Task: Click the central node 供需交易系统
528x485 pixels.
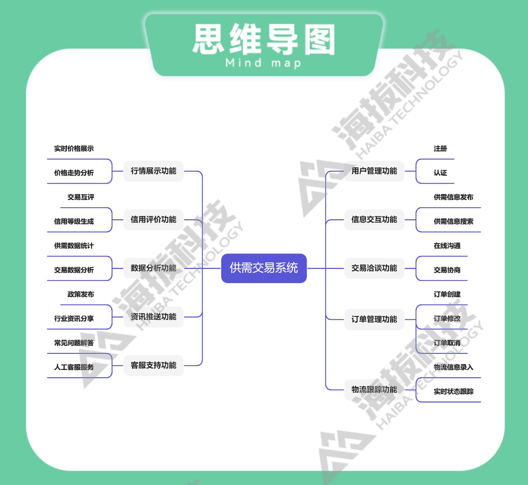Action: [264, 268]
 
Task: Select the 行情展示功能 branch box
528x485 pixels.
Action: [153, 171]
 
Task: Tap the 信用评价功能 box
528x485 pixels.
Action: [153, 220]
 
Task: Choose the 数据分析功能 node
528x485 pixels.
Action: [153, 268]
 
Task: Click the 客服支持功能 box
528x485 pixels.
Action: [153, 365]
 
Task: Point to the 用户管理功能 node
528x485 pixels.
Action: [374, 171]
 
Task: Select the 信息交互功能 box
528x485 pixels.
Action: [374, 220]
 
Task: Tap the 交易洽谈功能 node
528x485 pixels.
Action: [374, 268]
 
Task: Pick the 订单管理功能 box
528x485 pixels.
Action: [374, 319]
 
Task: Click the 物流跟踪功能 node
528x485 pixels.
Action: [374, 389]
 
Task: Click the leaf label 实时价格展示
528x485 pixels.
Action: [74, 148]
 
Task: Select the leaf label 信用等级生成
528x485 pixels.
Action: [74, 221]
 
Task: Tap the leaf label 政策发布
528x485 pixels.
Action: [81, 294]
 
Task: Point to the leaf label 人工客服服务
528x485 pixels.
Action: [74, 367]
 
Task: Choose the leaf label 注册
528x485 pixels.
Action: [440, 148]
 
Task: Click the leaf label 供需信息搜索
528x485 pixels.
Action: [453, 221]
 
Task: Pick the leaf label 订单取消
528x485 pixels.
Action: [447, 343]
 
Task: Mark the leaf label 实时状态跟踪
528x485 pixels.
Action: [453, 391]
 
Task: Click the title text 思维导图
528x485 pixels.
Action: [264, 39]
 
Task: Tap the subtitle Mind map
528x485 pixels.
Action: [263, 63]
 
